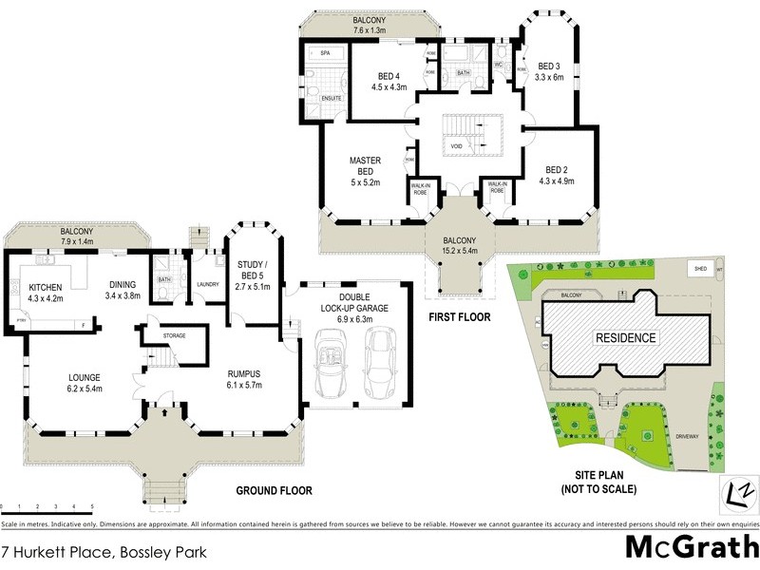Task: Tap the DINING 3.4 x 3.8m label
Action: click(122, 289)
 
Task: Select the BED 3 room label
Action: click(549, 71)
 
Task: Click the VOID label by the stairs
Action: click(456, 147)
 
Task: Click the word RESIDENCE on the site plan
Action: click(625, 337)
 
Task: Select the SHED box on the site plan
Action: click(702, 268)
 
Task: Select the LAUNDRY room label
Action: click(206, 283)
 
